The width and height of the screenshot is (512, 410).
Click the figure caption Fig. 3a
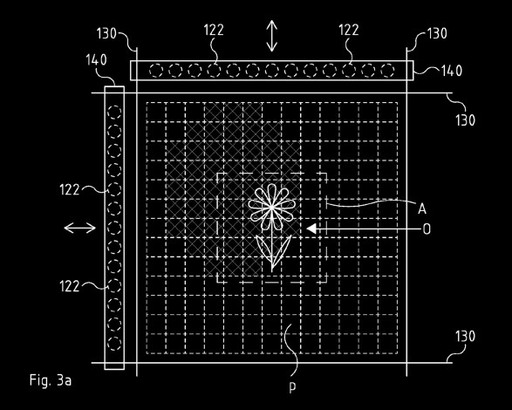pos(51,380)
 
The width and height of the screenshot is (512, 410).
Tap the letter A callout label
pos(422,208)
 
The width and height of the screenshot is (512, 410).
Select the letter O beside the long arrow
pos(427,229)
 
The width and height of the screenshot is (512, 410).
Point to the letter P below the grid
pos(292,387)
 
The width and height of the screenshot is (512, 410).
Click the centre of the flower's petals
pos(271,207)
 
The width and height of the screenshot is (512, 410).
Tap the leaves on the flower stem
pos(273,249)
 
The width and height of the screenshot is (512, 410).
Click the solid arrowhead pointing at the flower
pos(311,229)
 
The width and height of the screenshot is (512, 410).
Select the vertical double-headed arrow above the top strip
pos(271,36)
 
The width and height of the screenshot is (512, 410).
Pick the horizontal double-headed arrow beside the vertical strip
pos(80,228)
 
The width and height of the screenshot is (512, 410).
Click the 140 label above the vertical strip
pos(96,60)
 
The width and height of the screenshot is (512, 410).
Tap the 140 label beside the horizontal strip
pos(452,71)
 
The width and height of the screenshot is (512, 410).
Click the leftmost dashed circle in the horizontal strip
pos(156,71)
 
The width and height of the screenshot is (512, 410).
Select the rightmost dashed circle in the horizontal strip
pos(387,71)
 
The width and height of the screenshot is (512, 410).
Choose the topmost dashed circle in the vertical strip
pos(114,112)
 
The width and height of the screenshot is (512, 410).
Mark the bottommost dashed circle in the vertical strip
pos(114,344)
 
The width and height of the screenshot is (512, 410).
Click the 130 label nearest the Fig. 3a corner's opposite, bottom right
pos(465,337)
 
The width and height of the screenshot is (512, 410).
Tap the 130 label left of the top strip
pos(106,34)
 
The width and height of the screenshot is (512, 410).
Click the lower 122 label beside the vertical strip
pos(70,286)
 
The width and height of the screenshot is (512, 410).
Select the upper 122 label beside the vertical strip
pos(70,190)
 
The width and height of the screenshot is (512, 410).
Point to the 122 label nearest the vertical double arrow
pos(214,30)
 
